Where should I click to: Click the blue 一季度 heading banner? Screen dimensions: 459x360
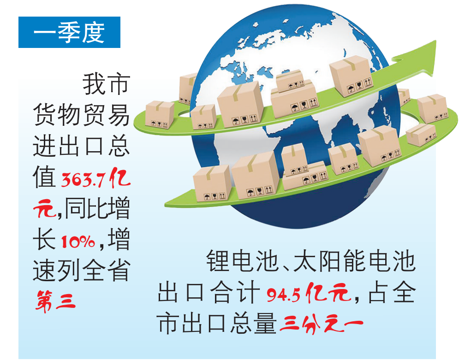(69, 32)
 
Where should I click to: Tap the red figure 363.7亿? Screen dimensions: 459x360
(96, 178)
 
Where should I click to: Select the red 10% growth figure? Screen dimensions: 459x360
(78, 242)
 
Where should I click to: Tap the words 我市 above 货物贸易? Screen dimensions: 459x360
(106, 84)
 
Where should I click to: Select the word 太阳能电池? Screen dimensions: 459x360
(354, 261)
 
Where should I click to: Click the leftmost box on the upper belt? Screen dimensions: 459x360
(160, 114)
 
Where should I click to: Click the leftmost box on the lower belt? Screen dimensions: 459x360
(212, 183)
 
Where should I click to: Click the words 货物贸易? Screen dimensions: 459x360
(81, 115)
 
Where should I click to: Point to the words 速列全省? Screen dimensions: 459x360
(81, 271)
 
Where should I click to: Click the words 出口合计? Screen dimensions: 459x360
(209, 293)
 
